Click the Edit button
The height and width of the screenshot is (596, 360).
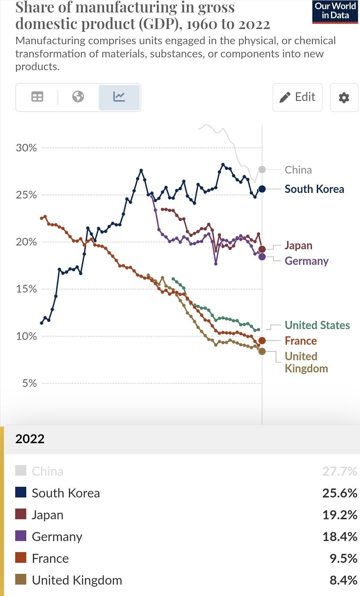[297, 97]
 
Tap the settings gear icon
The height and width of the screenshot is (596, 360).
[344, 97]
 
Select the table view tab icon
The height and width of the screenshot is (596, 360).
[37, 97]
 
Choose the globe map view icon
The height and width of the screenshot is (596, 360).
[78, 96]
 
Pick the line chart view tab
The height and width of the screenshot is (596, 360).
[119, 97]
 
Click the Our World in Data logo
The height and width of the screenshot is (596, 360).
[335, 11]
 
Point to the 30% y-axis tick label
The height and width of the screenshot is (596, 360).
[26, 148]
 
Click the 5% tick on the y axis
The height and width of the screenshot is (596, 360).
[29, 383]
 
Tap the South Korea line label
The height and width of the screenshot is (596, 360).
[314, 189]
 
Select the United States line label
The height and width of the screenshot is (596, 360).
[317, 325]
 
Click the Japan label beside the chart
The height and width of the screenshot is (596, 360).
[299, 245]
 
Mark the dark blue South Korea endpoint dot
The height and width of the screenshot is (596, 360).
[262, 189]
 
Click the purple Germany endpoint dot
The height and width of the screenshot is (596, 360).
[262, 257]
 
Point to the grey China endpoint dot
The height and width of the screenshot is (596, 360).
[262, 169]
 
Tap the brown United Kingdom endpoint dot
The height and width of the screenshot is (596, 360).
[262, 351]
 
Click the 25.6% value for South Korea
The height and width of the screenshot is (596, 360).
[339, 493]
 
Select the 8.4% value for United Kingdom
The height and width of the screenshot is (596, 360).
[343, 580]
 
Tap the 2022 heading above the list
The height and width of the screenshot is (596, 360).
[30, 439]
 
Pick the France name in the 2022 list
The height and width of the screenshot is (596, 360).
[50, 558]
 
